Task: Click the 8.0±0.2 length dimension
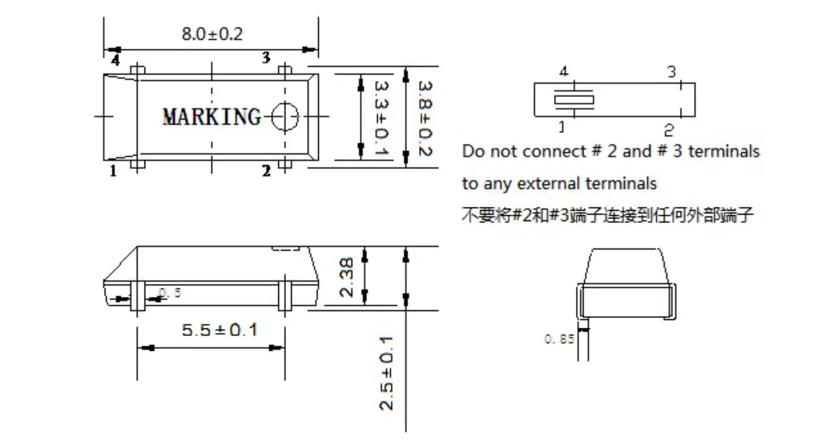(x=212, y=34)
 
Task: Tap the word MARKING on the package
(x=212, y=117)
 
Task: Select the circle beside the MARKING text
(x=285, y=116)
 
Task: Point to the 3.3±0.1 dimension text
(x=381, y=118)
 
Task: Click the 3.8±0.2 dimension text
(x=426, y=118)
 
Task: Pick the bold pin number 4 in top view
(x=116, y=60)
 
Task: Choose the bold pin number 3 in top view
(x=266, y=58)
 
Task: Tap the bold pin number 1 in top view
(x=113, y=171)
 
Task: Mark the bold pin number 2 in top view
(x=266, y=171)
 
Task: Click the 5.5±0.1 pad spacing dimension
(x=220, y=330)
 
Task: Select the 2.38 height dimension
(x=347, y=277)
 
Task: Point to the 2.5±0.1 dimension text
(x=386, y=373)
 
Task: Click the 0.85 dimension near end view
(x=559, y=339)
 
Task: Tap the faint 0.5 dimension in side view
(x=170, y=293)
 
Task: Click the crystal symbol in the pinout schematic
(x=573, y=99)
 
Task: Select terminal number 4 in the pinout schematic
(x=564, y=71)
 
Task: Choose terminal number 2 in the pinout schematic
(x=669, y=130)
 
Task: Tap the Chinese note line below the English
(x=607, y=215)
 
